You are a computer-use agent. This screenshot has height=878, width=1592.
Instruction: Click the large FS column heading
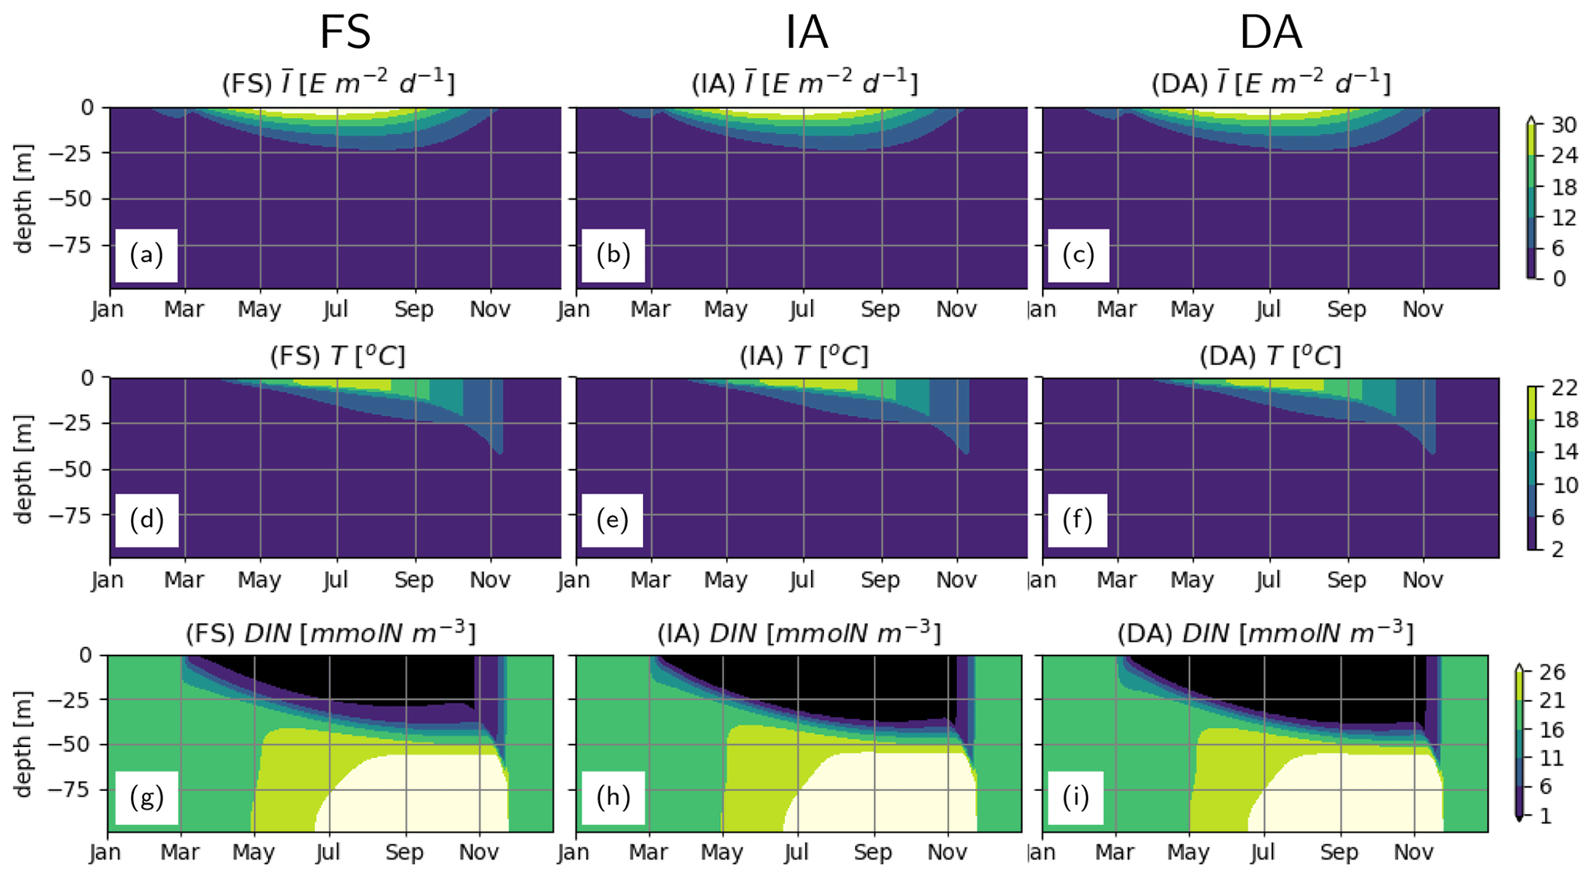pos(345,32)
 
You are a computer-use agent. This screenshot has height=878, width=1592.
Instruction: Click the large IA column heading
pos(806,32)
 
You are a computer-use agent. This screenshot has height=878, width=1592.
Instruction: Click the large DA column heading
pos(1270,32)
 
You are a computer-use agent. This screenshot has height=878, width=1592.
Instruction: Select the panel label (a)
pos(146,255)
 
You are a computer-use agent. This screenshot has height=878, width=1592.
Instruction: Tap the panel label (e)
pos(612,520)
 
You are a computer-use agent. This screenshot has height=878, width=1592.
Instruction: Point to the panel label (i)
pos(1075,797)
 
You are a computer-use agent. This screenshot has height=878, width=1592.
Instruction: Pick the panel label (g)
pos(146,797)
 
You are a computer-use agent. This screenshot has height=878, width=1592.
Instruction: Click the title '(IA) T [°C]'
pos(803,356)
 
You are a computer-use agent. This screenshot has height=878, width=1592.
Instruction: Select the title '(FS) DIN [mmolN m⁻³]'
pos(330,633)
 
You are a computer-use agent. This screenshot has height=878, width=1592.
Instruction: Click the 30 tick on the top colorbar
pos(1564,125)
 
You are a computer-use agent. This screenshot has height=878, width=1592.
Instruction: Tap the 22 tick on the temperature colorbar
pos(1564,388)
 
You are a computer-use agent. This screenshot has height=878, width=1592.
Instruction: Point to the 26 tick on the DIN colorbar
pos(1552,672)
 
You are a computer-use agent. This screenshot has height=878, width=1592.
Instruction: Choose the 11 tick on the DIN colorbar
pos(1552,758)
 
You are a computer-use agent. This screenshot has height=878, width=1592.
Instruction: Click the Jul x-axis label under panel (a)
pos(336,310)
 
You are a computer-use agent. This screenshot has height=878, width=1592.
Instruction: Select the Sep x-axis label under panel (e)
pos(880,580)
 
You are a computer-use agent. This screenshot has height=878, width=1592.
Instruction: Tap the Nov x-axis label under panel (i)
pos(1414,853)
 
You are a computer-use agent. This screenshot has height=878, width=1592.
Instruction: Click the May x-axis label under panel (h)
pos(722,853)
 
